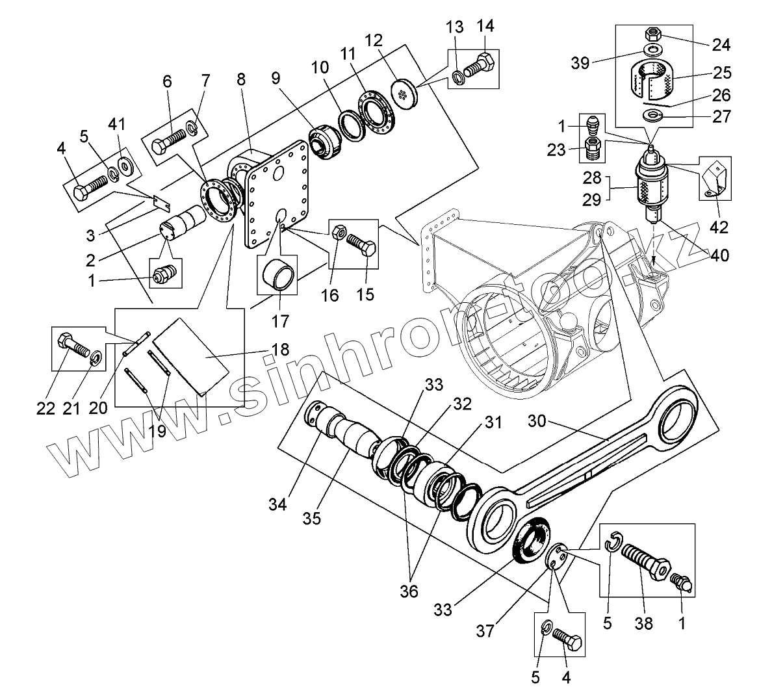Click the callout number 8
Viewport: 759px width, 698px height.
click(x=241, y=80)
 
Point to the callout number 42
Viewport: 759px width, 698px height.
click(x=719, y=227)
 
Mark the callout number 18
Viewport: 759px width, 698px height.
click(x=280, y=349)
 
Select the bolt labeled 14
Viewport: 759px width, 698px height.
click(x=480, y=66)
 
